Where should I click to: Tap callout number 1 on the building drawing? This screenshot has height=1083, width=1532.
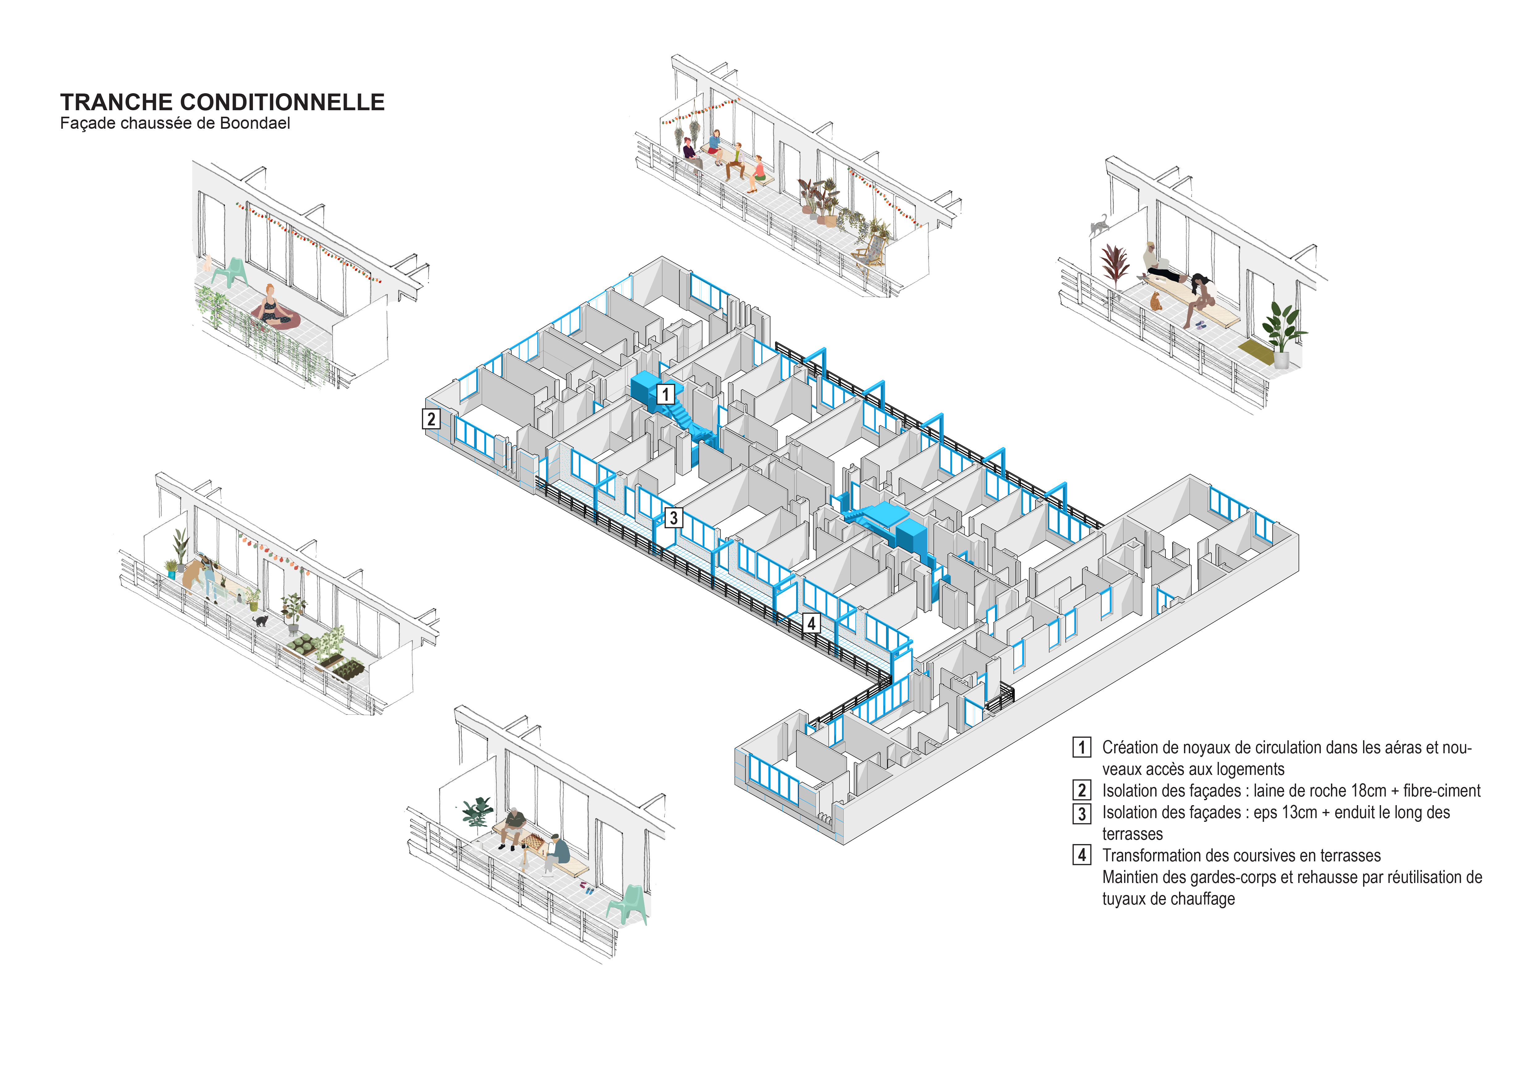(x=665, y=394)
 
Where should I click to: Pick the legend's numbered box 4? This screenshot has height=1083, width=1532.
(x=1082, y=855)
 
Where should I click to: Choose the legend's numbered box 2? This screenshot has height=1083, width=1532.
(x=1082, y=790)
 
